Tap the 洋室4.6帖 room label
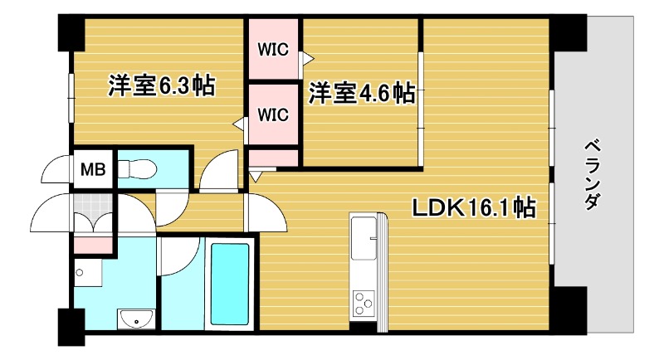coord(362,93)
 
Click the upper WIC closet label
coord(272,49)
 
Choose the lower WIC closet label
coord(272,114)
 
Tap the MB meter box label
coord(92,170)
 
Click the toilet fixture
coord(137,170)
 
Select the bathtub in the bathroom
coord(229,283)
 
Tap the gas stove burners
coord(364,303)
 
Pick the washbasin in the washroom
coord(133,318)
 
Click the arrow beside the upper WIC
coord(307,59)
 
